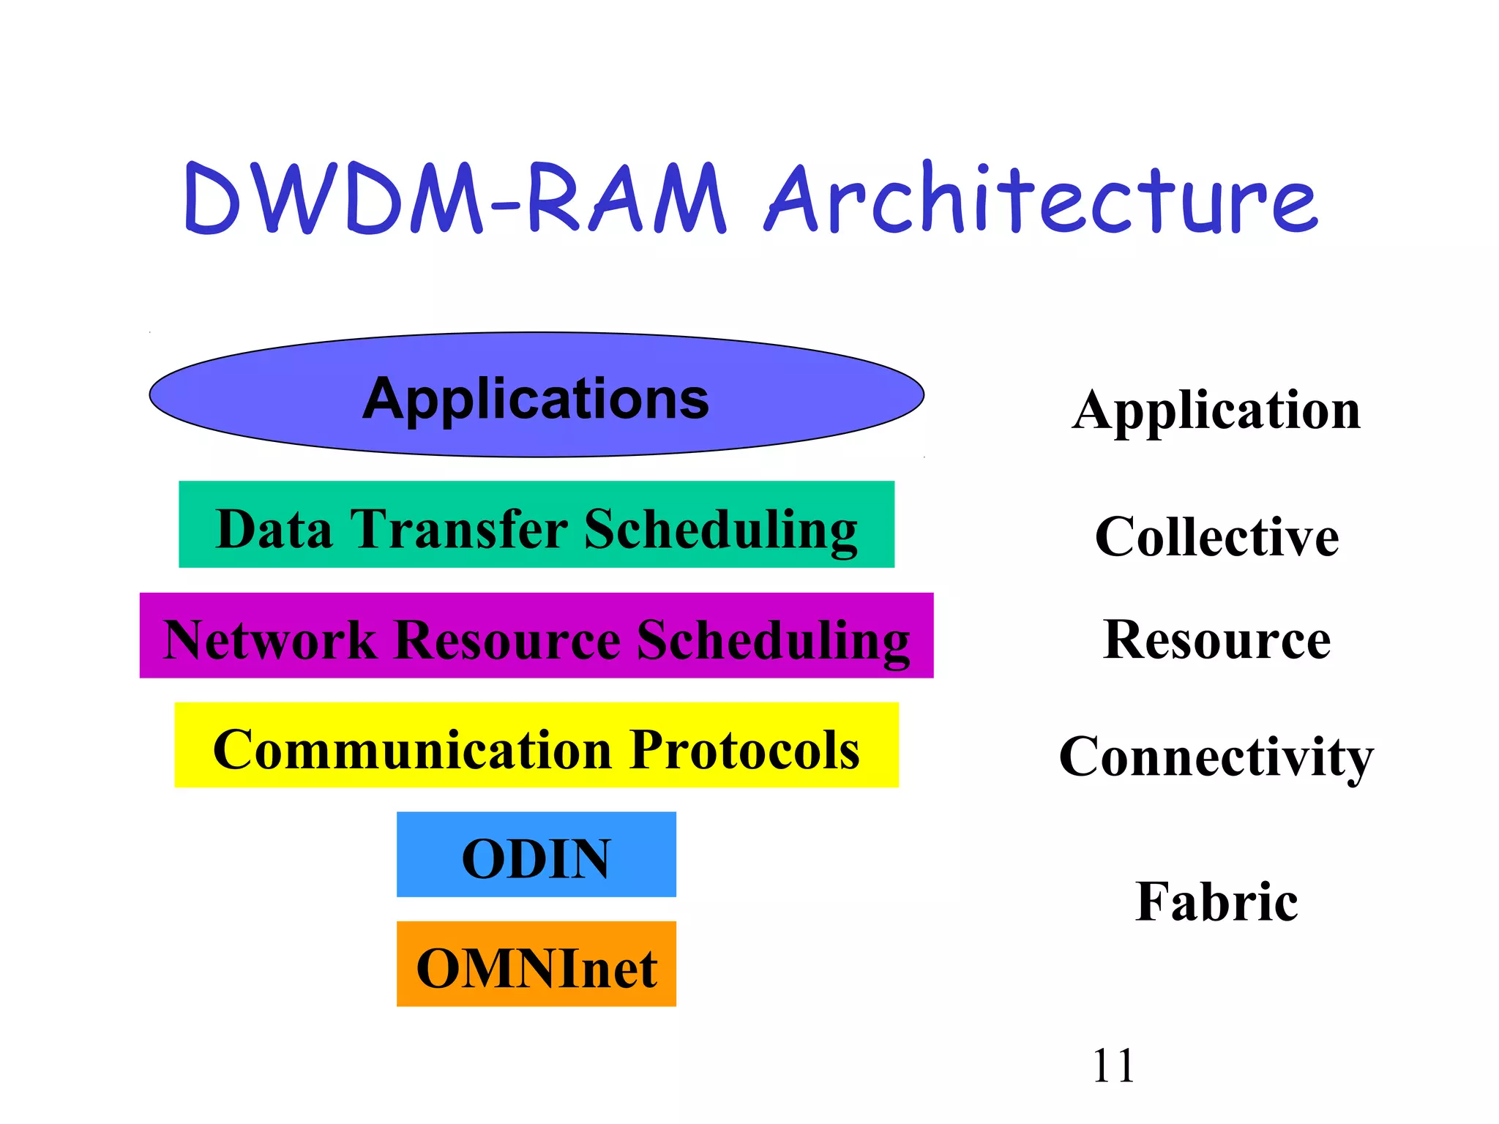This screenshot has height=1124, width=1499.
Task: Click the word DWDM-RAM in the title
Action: [454, 199]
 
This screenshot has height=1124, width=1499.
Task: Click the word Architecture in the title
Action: [1039, 199]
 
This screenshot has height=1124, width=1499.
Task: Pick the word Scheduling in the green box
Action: [720, 530]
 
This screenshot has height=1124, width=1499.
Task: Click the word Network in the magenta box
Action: [269, 640]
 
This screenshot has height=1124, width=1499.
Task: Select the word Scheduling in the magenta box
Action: [773, 641]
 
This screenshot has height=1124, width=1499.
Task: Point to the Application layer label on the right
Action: [1216, 411]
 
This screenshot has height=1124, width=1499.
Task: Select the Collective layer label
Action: [1216, 537]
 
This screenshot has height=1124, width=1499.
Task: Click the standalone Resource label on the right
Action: [1216, 640]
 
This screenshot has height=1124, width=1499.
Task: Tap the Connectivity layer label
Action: [1216, 757]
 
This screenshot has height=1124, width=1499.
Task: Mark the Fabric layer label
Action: [1216, 902]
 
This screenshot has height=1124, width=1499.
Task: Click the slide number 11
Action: [1113, 1065]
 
